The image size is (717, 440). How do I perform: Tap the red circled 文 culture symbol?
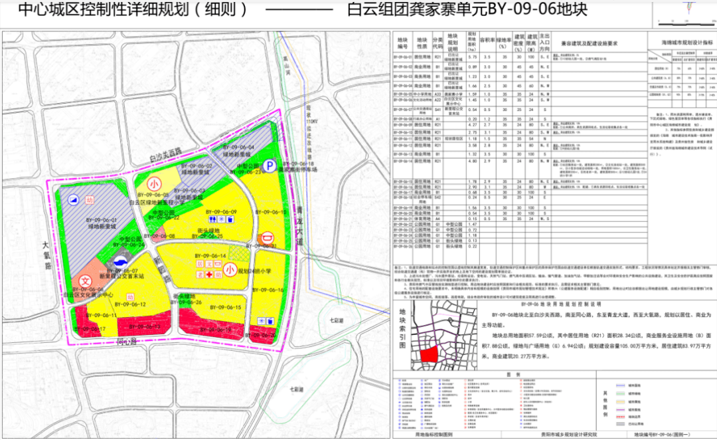pyautogui.click(x=86, y=282)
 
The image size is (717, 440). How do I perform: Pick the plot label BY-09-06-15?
pyautogui.click(x=224, y=307)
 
